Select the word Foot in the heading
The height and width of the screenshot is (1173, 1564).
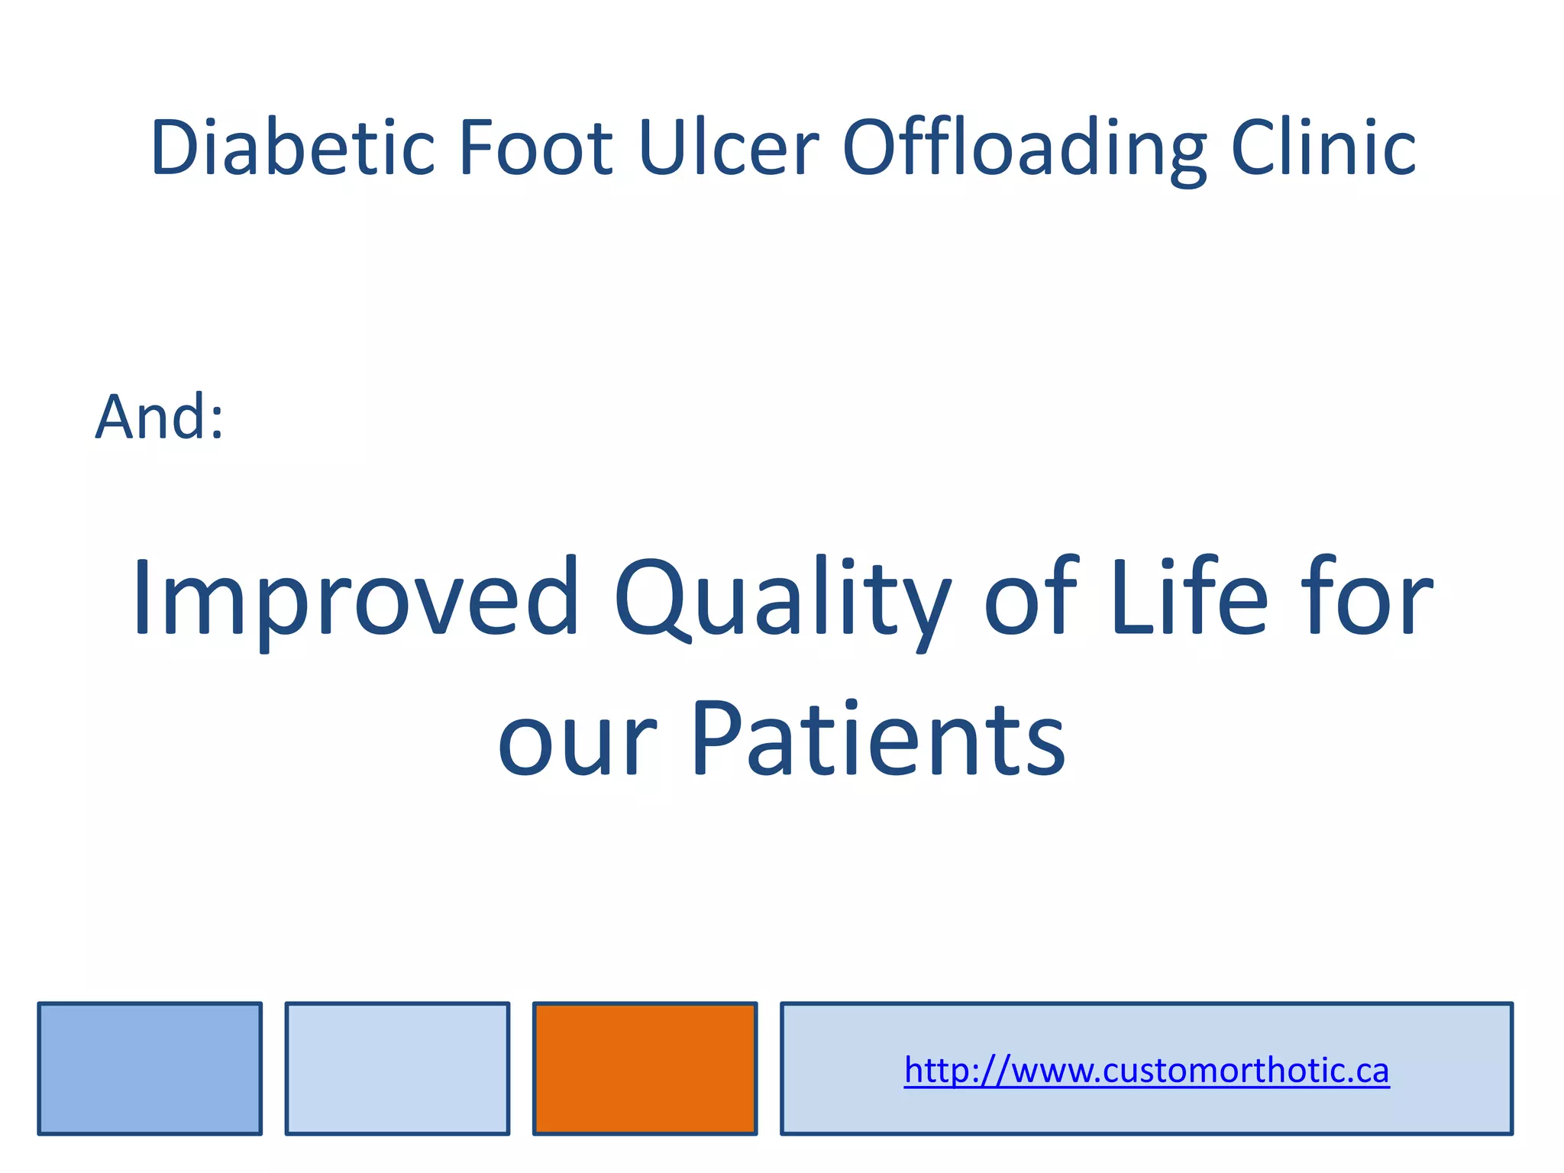(x=535, y=147)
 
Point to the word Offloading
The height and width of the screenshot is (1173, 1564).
(x=1024, y=149)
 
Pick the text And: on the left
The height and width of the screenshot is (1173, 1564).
(x=160, y=418)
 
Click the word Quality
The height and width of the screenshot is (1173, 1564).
(x=782, y=599)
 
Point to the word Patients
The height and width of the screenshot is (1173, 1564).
(x=878, y=739)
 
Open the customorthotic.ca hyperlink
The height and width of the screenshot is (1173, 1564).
(x=1146, y=1071)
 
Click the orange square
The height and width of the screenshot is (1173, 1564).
(x=645, y=1068)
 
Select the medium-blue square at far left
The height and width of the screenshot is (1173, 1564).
(x=150, y=1068)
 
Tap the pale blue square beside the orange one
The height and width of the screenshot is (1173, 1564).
(x=397, y=1068)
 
